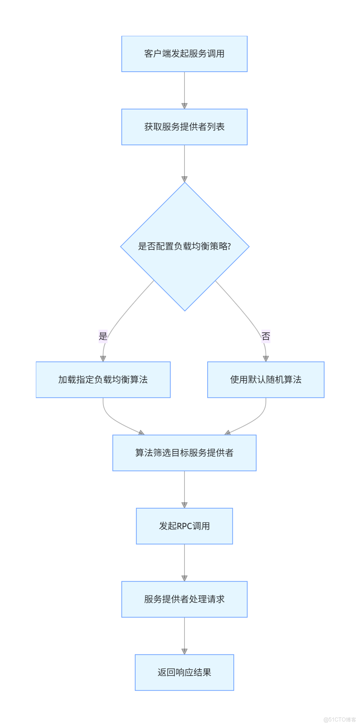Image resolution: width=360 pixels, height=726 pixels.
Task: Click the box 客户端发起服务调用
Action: coord(184,54)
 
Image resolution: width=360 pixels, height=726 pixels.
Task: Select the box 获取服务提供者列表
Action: coord(184,127)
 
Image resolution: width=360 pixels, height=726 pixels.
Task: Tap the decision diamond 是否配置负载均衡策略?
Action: coord(184,246)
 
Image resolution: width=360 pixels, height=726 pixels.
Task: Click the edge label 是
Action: coord(103,336)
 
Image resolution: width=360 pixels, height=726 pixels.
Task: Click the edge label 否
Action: coord(266,336)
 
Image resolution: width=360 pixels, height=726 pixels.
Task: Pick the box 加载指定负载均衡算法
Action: coord(103,379)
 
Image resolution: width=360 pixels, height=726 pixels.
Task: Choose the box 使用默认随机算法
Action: coord(266,379)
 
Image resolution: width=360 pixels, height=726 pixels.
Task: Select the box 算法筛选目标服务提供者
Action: coord(184,453)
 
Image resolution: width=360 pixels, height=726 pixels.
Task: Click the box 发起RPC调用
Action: coord(184,526)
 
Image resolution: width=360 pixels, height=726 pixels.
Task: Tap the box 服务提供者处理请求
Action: coord(184,599)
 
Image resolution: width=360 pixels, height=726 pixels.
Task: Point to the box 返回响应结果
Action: coord(184,672)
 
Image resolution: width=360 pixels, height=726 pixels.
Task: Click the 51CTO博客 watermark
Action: coord(339,719)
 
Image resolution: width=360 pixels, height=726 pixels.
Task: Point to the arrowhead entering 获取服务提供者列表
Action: coord(184,106)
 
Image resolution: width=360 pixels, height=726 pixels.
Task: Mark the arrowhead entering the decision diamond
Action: coord(184,179)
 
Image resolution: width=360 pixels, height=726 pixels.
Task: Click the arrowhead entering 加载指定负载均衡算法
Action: coord(103,359)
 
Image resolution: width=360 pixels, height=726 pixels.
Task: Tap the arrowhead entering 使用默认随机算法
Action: coord(266,359)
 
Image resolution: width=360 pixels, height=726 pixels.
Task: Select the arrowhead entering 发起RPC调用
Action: coord(184,505)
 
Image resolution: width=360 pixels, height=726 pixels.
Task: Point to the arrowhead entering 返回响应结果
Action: coord(184,651)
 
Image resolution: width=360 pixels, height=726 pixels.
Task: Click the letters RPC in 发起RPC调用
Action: coord(184,526)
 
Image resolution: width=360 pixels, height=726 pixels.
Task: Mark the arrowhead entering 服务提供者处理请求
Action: coord(184,578)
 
